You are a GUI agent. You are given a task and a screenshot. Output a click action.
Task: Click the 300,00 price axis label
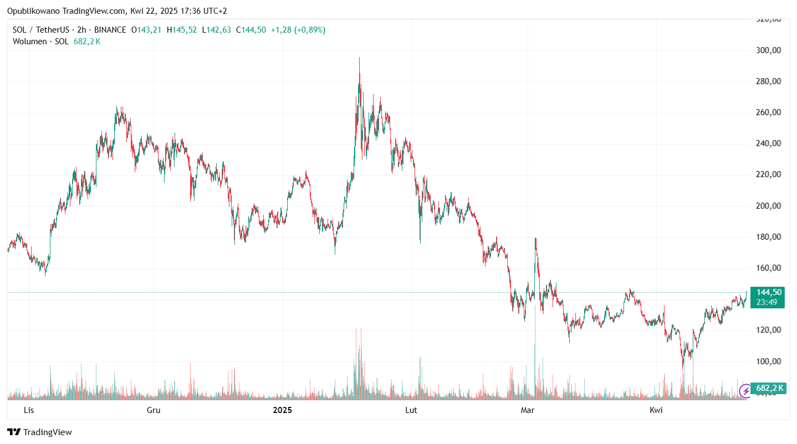(769, 50)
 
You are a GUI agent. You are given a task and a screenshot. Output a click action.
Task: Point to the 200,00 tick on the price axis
(769, 206)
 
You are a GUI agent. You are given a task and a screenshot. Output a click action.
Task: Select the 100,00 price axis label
(769, 362)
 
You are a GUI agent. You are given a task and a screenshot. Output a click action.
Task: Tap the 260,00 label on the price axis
(769, 112)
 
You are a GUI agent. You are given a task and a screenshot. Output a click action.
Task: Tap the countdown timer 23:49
(767, 302)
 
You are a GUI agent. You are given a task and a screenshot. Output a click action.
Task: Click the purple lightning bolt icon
(746, 391)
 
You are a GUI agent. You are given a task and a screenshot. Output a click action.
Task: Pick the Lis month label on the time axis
(28, 410)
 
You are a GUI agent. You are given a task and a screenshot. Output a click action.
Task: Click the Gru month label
(154, 410)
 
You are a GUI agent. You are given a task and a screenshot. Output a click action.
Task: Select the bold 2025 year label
(283, 410)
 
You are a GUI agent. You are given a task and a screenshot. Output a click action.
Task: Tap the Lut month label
(411, 410)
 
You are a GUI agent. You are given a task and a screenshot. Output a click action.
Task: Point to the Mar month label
(528, 410)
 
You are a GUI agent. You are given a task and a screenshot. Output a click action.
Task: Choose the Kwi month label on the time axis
(656, 410)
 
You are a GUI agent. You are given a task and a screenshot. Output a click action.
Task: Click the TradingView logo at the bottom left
(39, 432)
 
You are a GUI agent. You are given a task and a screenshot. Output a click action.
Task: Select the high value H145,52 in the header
(181, 30)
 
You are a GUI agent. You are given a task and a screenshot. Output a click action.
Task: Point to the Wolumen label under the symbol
(31, 42)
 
